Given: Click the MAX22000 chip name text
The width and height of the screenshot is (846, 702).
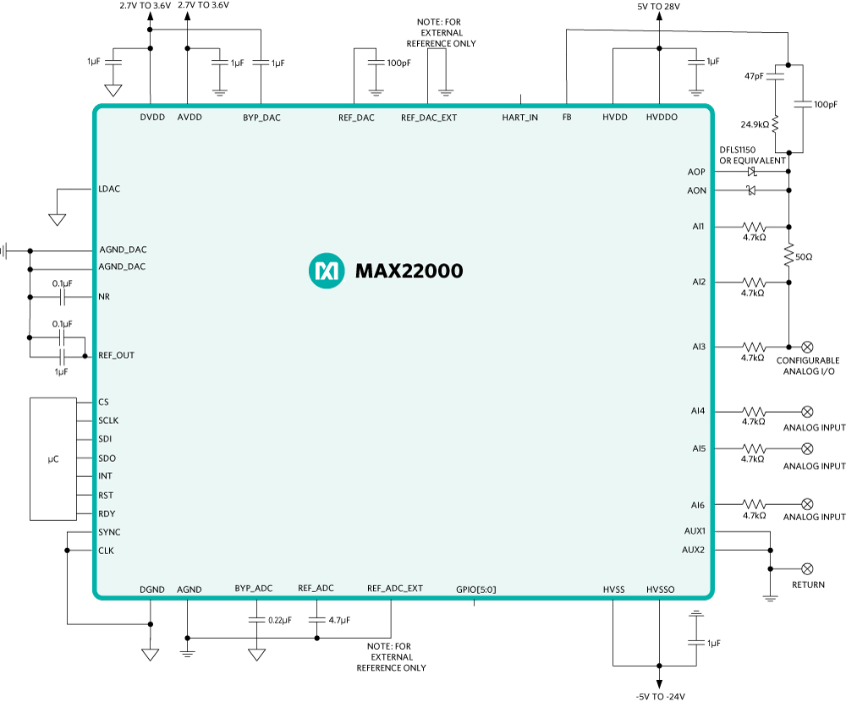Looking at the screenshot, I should (409, 271).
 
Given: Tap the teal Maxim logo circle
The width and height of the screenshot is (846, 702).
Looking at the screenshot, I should (327, 271).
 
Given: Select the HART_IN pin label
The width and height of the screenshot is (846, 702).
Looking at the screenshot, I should (519, 118).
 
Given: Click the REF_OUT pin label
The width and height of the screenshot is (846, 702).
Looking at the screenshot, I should (116, 355).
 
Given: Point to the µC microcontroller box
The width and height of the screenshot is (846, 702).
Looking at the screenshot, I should (52, 458).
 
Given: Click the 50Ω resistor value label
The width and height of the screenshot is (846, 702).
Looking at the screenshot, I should (805, 255).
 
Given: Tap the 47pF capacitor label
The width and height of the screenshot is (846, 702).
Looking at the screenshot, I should (754, 76).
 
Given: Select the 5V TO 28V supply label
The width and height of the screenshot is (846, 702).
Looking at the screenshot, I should (658, 7).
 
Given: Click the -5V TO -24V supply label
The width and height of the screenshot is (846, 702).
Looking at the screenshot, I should (658, 696).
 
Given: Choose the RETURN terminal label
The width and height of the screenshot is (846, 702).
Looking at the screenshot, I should (808, 584).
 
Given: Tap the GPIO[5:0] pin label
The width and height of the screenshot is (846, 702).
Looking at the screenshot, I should (476, 589).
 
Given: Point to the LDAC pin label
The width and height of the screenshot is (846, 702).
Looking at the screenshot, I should (109, 189).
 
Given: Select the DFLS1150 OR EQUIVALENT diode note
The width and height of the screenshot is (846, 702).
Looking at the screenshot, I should (752, 155).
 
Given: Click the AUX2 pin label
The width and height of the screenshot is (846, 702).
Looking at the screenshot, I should (694, 550).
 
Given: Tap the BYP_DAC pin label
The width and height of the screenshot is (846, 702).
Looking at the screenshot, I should (261, 118).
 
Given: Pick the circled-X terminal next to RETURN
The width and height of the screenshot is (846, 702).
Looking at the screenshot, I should (807, 568).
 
